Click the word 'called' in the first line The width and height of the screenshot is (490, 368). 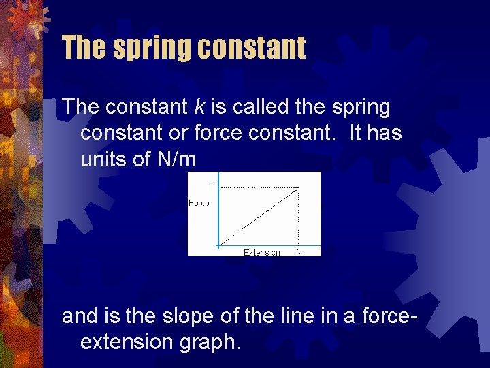(232, 107)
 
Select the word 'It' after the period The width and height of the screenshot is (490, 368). (356, 133)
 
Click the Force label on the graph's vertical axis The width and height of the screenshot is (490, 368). (199, 202)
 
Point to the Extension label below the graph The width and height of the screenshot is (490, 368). (262, 252)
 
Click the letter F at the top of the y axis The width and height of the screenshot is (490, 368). (211, 187)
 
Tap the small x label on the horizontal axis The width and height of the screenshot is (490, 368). (298, 251)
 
